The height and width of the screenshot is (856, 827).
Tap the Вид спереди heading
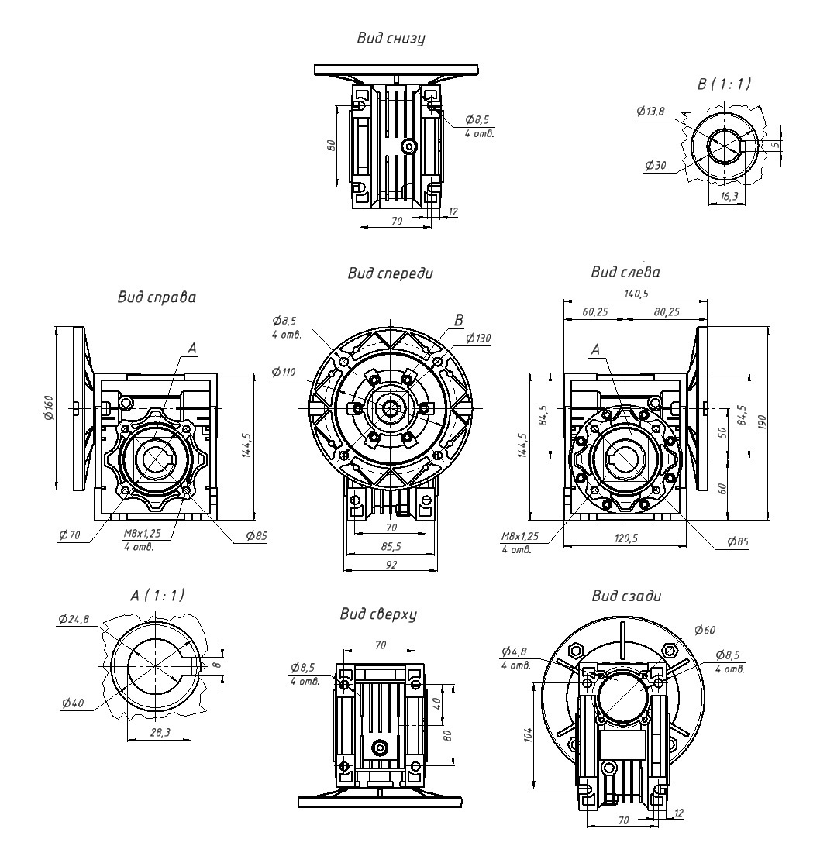391,273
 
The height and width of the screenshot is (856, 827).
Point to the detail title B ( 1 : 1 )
724,84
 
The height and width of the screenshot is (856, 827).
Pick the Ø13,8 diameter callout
650,112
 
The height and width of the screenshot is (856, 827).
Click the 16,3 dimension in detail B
729,197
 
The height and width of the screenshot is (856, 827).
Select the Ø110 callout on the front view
284,373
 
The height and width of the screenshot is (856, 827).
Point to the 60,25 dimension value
594,313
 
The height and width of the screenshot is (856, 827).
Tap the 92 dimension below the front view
391,566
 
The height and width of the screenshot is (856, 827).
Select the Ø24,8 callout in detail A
73,619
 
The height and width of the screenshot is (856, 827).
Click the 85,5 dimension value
391,546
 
